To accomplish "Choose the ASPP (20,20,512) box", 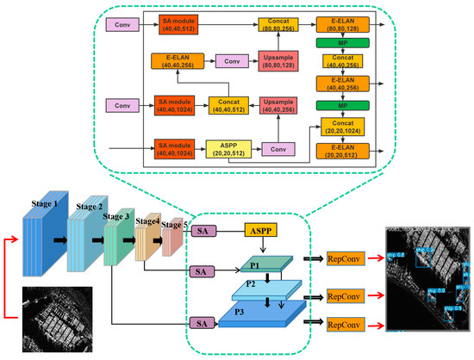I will (x=227, y=147).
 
